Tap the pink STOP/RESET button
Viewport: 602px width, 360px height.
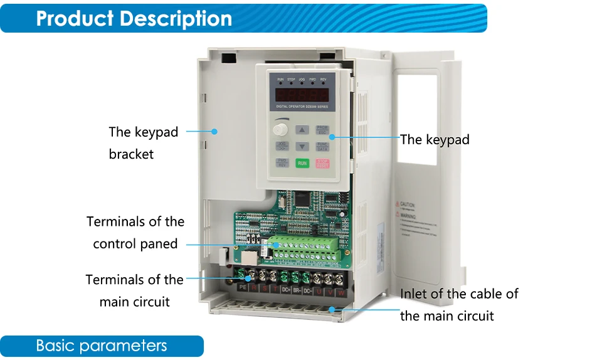click(x=322, y=163)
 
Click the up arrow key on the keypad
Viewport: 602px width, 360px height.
click(x=302, y=130)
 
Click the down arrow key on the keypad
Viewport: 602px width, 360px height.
click(x=302, y=147)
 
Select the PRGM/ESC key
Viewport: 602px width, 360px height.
click(x=322, y=130)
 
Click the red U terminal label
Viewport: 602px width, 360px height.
click(x=319, y=292)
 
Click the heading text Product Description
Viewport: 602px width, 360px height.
click(x=134, y=18)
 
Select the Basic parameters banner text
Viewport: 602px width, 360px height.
click(x=102, y=346)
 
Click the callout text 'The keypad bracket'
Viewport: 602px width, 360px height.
click(x=143, y=142)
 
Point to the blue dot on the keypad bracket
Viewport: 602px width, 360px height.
click(x=214, y=132)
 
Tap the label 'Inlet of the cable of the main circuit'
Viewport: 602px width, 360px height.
click(x=459, y=304)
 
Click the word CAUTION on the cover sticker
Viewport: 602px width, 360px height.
click(x=408, y=204)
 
